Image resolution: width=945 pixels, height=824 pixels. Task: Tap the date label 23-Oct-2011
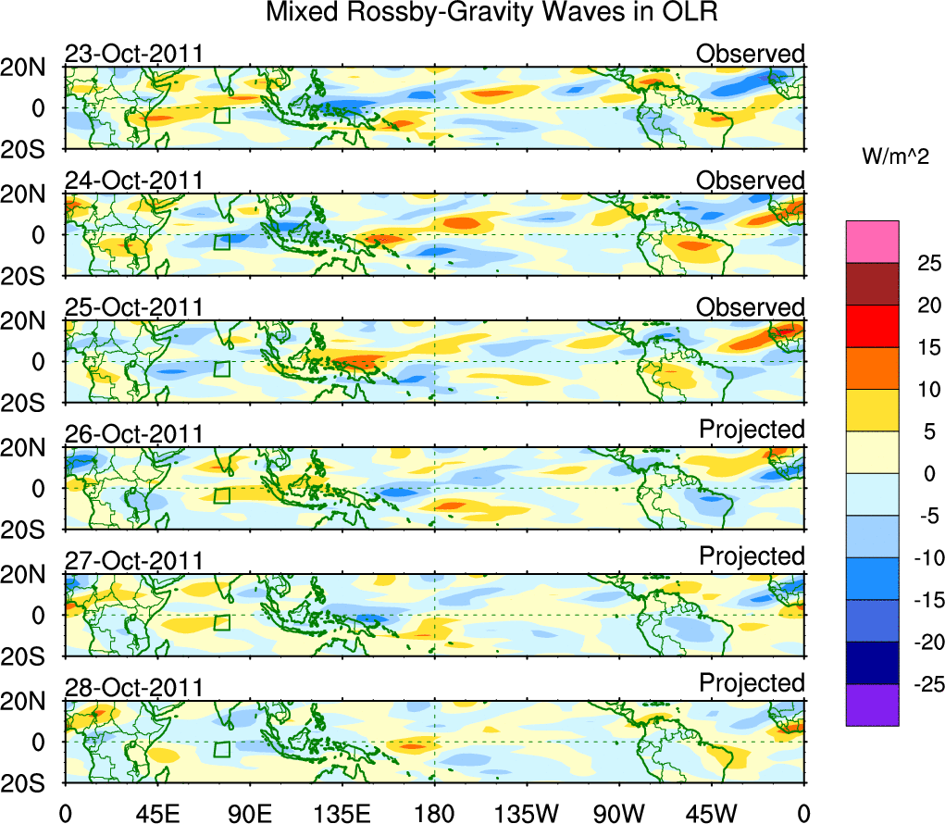click(133, 54)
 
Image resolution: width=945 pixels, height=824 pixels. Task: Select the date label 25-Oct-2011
click(133, 307)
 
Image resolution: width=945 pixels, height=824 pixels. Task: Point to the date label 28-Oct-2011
click(133, 688)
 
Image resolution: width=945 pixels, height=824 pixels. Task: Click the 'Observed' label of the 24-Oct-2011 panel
click(751, 181)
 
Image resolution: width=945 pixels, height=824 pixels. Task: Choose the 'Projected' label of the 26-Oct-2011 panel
click(752, 430)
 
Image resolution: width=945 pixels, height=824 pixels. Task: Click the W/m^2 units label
click(895, 157)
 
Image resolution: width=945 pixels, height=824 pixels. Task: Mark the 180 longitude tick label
click(435, 812)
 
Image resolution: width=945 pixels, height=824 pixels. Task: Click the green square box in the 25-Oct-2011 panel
click(221, 368)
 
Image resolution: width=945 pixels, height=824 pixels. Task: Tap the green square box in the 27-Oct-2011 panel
click(221, 622)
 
